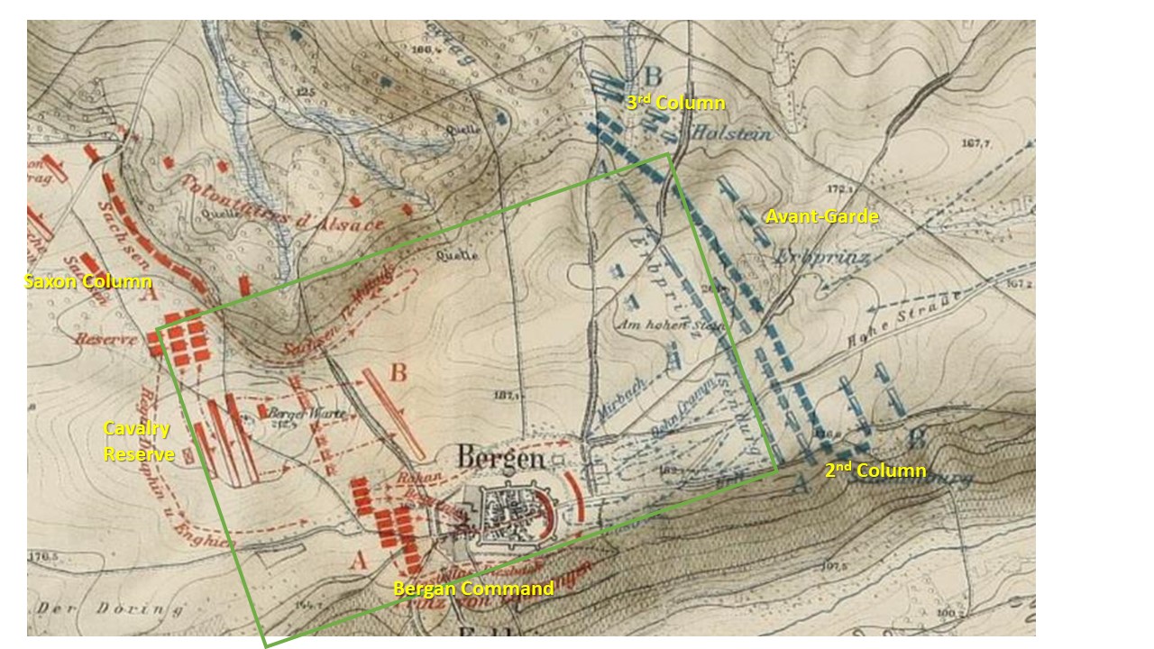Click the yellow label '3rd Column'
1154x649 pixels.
tap(676, 104)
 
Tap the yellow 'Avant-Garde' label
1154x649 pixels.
tap(821, 216)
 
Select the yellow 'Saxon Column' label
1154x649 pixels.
tap(87, 282)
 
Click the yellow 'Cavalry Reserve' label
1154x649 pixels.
tap(139, 442)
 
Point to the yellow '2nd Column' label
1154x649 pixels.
tap(875, 471)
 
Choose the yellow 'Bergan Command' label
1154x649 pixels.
tap(473, 589)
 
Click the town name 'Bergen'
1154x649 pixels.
tap(501, 459)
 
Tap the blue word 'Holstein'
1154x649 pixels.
tap(730, 133)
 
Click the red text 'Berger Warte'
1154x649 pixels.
tap(290, 414)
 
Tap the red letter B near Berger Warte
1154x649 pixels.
tap(398, 371)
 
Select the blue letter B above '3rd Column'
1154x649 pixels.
tap(654, 75)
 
